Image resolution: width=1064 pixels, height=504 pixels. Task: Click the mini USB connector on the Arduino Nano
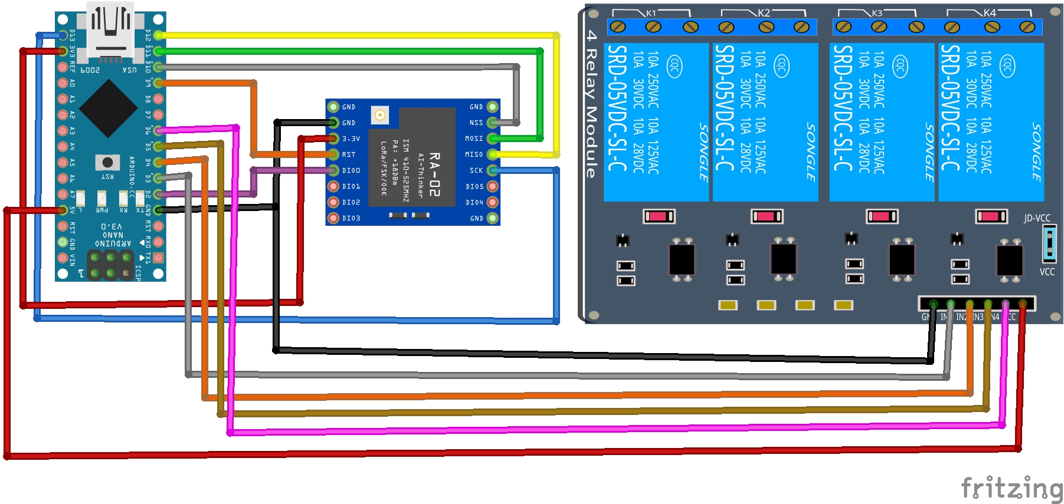click(x=110, y=29)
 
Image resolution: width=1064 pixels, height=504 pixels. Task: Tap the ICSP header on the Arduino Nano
click(x=110, y=265)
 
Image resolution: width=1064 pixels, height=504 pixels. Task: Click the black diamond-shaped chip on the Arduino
click(x=109, y=108)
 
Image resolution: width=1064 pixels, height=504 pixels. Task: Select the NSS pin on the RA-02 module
click(x=492, y=123)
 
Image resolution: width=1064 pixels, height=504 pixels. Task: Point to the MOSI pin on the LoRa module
click(x=492, y=139)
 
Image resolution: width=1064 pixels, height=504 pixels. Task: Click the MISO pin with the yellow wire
click(x=492, y=154)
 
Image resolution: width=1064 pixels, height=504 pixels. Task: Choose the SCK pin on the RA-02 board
click(x=492, y=170)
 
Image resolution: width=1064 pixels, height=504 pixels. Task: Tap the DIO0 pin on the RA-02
click(x=333, y=170)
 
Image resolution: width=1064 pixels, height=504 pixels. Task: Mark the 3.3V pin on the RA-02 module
click(x=333, y=139)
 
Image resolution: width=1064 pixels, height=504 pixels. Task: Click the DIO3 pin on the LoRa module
click(x=333, y=218)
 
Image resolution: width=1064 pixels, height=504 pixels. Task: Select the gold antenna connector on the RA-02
click(x=380, y=115)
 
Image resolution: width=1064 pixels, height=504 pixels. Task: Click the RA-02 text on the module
click(x=435, y=174)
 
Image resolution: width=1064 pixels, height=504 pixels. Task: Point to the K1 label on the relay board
click(x=651, y=13)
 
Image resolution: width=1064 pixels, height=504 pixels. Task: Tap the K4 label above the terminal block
click(x=990, y=13)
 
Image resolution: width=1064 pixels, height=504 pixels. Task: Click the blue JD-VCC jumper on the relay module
click(x=1049, y=243)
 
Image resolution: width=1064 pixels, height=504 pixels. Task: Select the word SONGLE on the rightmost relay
click(x=1036, y=151)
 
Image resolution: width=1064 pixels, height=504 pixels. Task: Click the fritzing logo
click(x=1011, y=488)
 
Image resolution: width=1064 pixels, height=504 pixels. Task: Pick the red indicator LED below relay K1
click(x=659, y=216)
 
